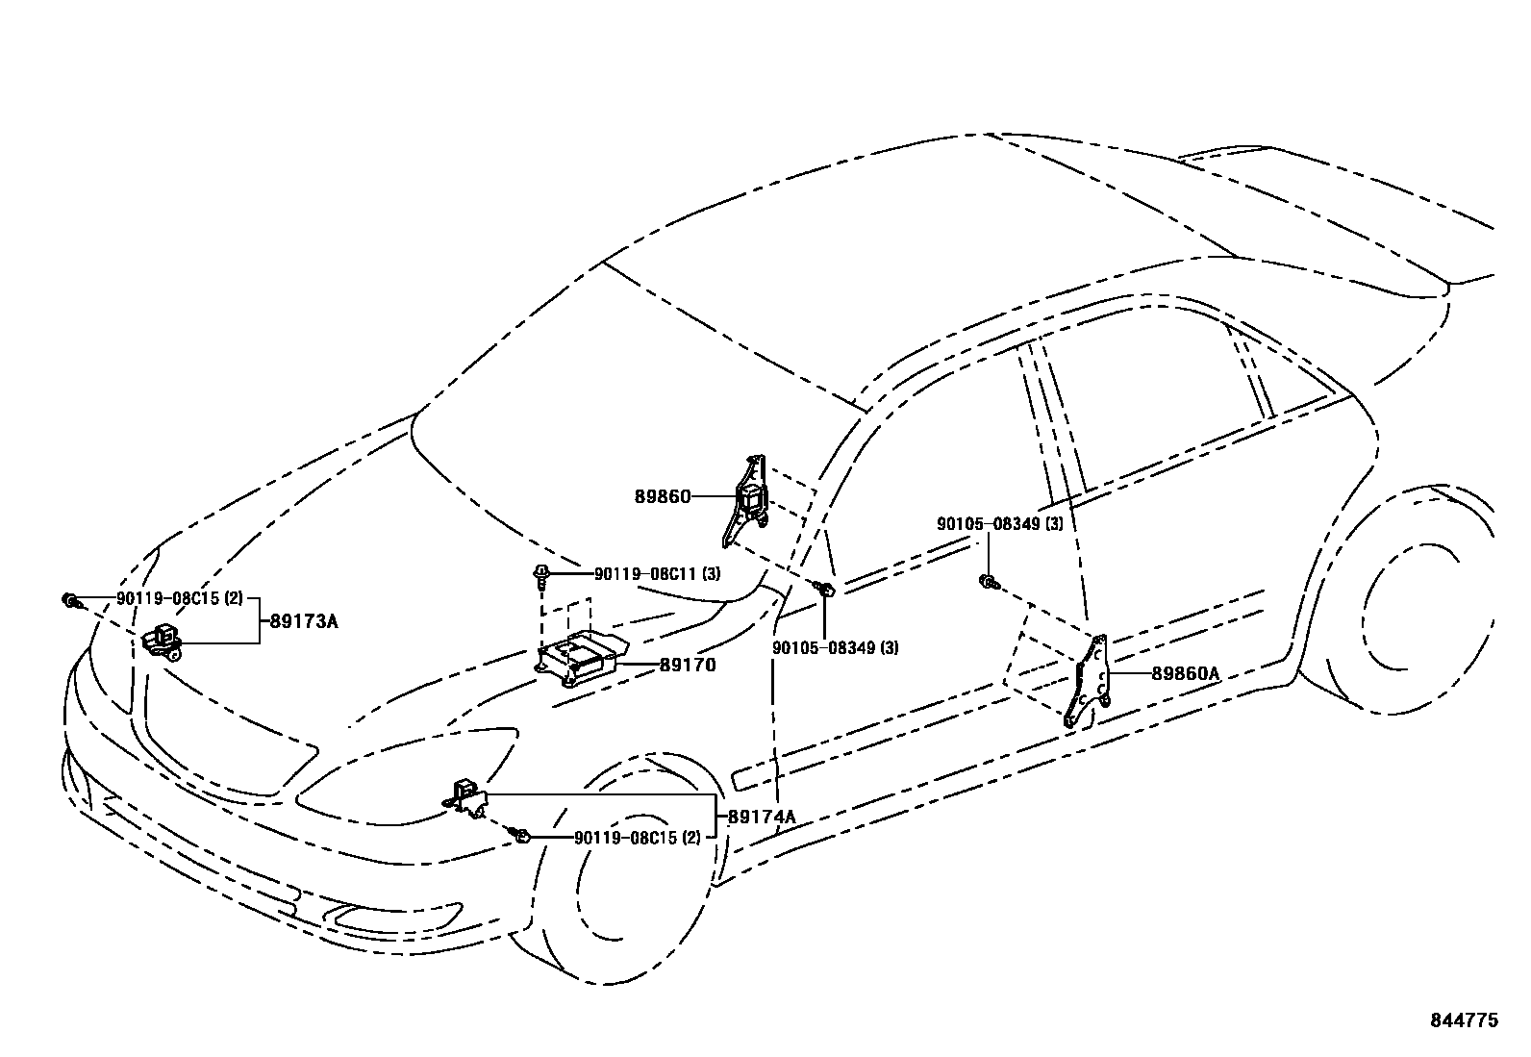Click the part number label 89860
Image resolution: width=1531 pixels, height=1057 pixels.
coord(662,496)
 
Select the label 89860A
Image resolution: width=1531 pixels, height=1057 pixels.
coord(1185,674)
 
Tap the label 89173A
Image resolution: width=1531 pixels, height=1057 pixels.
coord(304,621)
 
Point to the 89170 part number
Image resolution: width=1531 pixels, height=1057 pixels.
coord(687,665)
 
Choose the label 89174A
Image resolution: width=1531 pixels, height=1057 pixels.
coord(762,818)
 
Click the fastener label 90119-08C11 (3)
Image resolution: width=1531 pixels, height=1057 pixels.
coord(657,574)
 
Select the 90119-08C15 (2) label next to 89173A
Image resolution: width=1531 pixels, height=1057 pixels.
coord(180,598)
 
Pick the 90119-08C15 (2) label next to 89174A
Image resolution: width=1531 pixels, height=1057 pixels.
coord(638,838)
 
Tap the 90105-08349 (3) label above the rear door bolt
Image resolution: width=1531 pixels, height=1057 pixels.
coord(1000,524)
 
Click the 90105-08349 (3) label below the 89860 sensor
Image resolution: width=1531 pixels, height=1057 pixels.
coord(836,647)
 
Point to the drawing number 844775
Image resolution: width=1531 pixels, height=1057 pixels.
coord(1462,1021)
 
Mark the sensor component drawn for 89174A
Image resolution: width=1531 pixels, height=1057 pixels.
coord(468,799)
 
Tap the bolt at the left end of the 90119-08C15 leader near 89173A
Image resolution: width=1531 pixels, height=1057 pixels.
coord(69,601)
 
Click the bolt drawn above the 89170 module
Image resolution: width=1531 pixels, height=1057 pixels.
coord(542,575)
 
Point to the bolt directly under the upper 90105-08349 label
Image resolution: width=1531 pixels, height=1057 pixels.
coord(988,580)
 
